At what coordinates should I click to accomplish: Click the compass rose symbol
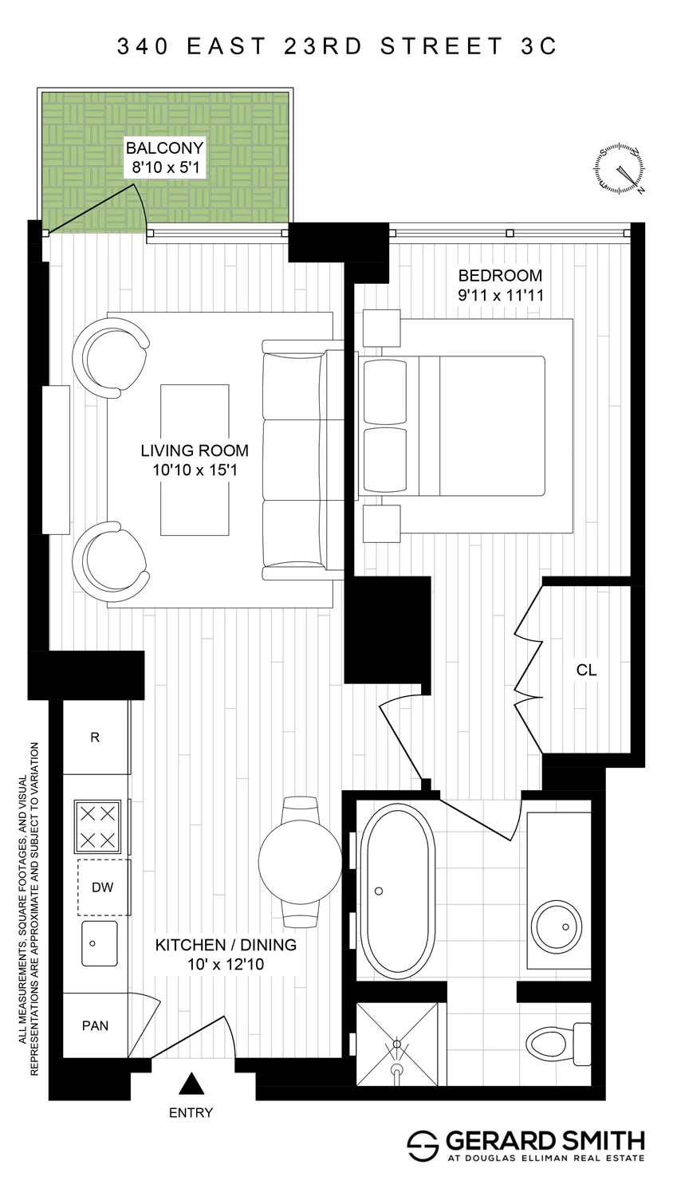pos(620,170)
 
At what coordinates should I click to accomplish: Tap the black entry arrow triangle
pos(190,1084)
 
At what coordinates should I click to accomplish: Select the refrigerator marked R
pos(96,738)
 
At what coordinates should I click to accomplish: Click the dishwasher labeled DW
pos(103,887)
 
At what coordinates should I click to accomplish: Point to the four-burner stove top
pos(96,826)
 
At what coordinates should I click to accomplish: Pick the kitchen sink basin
pos(99,944)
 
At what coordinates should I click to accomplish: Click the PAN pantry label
pos(95,1025)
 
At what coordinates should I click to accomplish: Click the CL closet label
pos(586,671)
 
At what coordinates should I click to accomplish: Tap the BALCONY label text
pos(164,148)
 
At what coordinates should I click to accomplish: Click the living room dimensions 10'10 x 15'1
pos(195,470)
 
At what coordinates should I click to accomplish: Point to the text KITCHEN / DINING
pos(226,945)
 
